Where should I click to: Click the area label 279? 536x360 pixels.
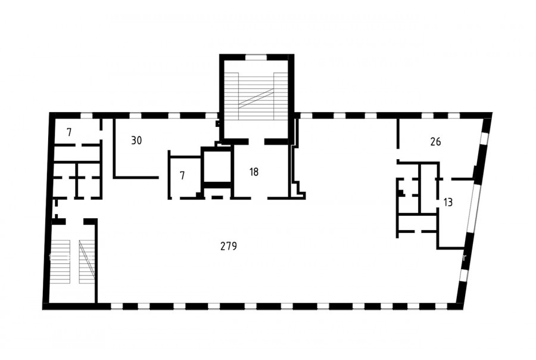[x=229, y=246]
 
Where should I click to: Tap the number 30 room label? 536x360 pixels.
[x=136, y=140]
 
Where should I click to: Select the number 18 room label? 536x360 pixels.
[x=254, y=172]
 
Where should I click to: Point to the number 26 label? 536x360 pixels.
[x=435, y=141]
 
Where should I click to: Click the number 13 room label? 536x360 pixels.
[x=448, y=202]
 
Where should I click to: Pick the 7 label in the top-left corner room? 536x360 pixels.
[x=70, y=132]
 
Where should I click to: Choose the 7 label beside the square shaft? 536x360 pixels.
[x=182, y=176]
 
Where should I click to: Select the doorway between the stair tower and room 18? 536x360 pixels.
[x=256, y=141]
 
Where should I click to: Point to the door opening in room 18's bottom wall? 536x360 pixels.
[x=259, y=198]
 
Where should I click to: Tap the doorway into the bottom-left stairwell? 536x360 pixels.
[x=74, y=221]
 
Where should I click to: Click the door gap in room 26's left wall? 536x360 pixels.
[x=398, y=154]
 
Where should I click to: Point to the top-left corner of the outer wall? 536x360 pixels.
[x=50, y=113]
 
